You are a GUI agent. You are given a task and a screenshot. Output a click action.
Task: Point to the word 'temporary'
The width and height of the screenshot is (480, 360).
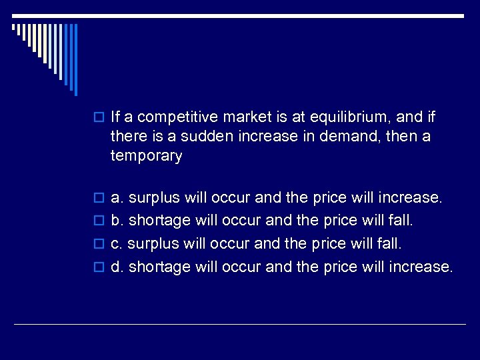pyautogui.click(x=146, y=156)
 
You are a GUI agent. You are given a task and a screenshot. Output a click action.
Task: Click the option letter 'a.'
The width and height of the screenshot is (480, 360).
pyautogui.click(x=117, y=198)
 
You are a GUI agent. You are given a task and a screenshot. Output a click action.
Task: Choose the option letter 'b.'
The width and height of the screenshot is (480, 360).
pyautogui.click(x=117, y=221)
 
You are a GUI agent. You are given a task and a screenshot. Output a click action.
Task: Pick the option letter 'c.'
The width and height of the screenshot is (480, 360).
pyautogui.click(x=117, y=244)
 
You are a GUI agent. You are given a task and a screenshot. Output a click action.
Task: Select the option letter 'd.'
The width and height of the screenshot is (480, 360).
pyautogui.click(x=117, y=267)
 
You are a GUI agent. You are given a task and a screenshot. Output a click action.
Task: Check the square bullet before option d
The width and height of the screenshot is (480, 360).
pyautogui.click(x=100, y=267)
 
